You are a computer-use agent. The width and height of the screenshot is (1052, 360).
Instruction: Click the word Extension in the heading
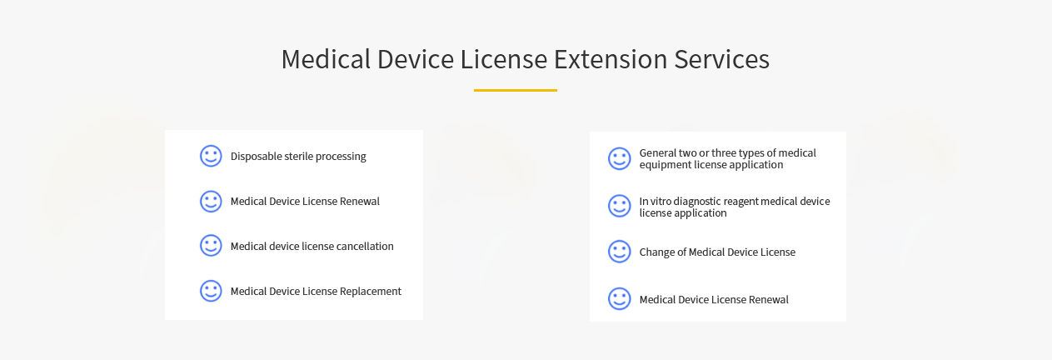click(611, 59)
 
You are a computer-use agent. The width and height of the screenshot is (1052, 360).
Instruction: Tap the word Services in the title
click(722, 59)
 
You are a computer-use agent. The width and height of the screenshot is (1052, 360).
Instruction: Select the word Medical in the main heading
click(326, 59)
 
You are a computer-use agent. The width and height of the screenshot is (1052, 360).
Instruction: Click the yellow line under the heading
click(516, 90)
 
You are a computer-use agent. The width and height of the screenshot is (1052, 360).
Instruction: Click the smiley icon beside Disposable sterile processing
click(211, 156)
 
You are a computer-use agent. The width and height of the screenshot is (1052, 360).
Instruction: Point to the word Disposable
click(257, 157)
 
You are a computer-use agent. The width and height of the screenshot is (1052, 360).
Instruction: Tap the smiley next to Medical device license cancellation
click(211, 246)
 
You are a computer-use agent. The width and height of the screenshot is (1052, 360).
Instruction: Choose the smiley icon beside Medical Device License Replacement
click(211, 291)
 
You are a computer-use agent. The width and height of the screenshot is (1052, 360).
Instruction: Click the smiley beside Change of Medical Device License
click(620, 252)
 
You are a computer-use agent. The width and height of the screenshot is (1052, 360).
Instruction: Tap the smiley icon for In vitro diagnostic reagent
click(620, 206)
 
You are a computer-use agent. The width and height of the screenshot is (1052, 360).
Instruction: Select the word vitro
click(660, 201)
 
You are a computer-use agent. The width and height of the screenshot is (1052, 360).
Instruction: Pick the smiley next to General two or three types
click(620, 158)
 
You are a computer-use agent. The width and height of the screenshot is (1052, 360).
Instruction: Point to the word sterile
click(299, 156)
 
